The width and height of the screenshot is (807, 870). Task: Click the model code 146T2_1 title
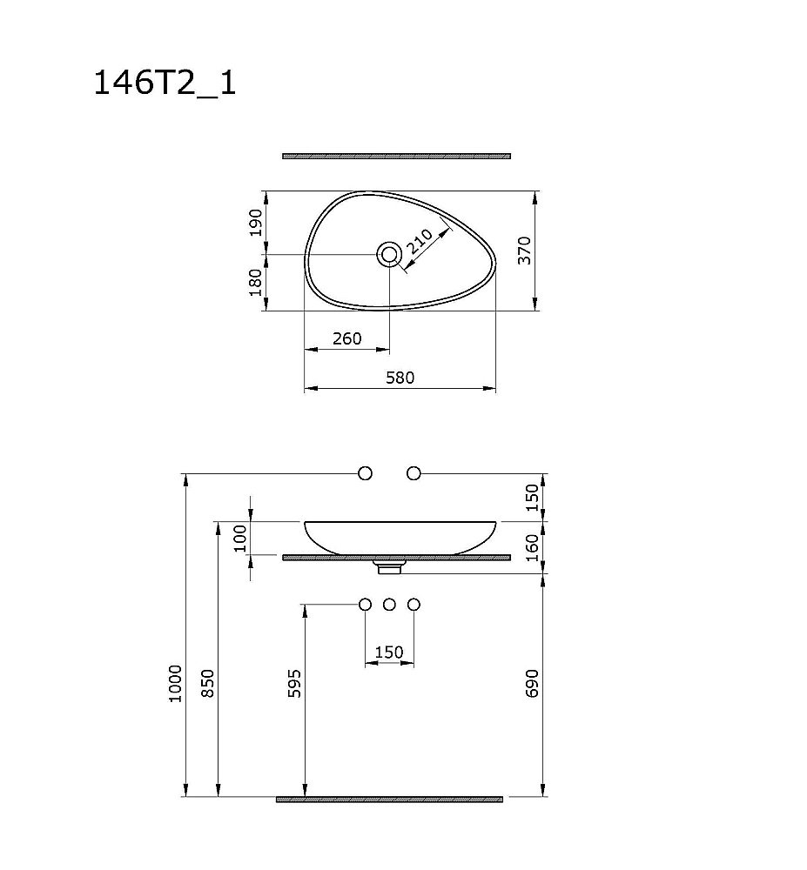click(165, 84)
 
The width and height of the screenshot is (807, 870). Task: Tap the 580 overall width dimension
click(400, 378)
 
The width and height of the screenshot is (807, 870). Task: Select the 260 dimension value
click(346, 338)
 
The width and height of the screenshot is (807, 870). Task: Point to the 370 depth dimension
click(524, 250)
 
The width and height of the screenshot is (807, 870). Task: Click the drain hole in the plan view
click(389, 253)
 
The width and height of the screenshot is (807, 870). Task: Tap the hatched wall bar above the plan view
click(396, 157)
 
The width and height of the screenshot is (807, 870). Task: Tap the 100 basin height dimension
click(241, 539)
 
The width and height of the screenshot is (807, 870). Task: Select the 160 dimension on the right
click(534, 547)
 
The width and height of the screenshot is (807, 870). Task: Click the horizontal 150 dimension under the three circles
click(389, 652)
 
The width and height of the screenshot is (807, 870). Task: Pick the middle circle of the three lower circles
click(390, 604)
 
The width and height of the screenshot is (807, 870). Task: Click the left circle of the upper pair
click(366, 473)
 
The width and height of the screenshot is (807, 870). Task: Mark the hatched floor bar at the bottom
click(389, 799)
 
